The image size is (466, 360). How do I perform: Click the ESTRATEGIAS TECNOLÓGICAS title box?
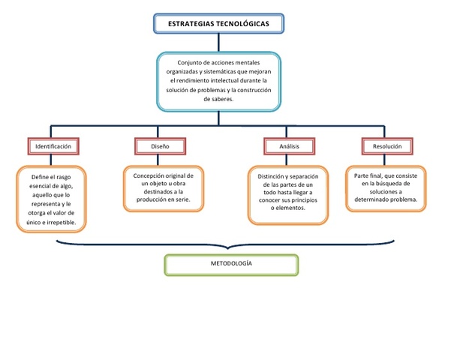(219, 25)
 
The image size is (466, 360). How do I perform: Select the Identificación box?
(53, 146)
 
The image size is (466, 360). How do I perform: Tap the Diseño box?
(160, 146)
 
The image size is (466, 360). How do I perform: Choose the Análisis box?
(288, 146)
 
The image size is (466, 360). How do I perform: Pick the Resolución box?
(382, 146)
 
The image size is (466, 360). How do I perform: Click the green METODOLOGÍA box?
(231, 265)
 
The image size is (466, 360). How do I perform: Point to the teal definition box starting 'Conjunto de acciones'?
(218, 81)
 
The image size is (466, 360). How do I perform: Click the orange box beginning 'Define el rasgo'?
(53, 199)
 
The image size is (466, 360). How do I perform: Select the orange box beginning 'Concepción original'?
(163, 188)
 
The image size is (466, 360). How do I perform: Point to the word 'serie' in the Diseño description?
(180, 200)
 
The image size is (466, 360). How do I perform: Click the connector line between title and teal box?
(218, 43)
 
